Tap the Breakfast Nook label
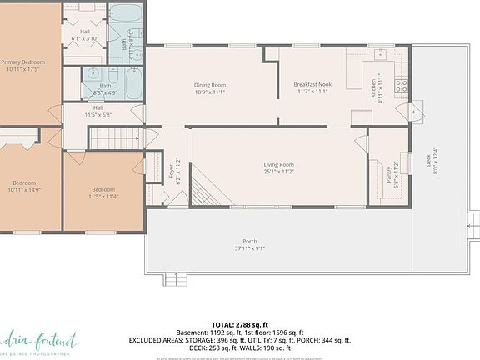pyautogui.click(x=313, y=84)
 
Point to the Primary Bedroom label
pyautogui.click(x=22, y=62)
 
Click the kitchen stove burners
pyautogui.click(x=401, y=84)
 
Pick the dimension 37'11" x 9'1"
pyautogui.click(x=250, y=247)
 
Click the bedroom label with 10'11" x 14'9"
pyautogui.click(x=25, y=187)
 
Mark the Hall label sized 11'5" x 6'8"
pyautogui.click(x=98, y=111)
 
